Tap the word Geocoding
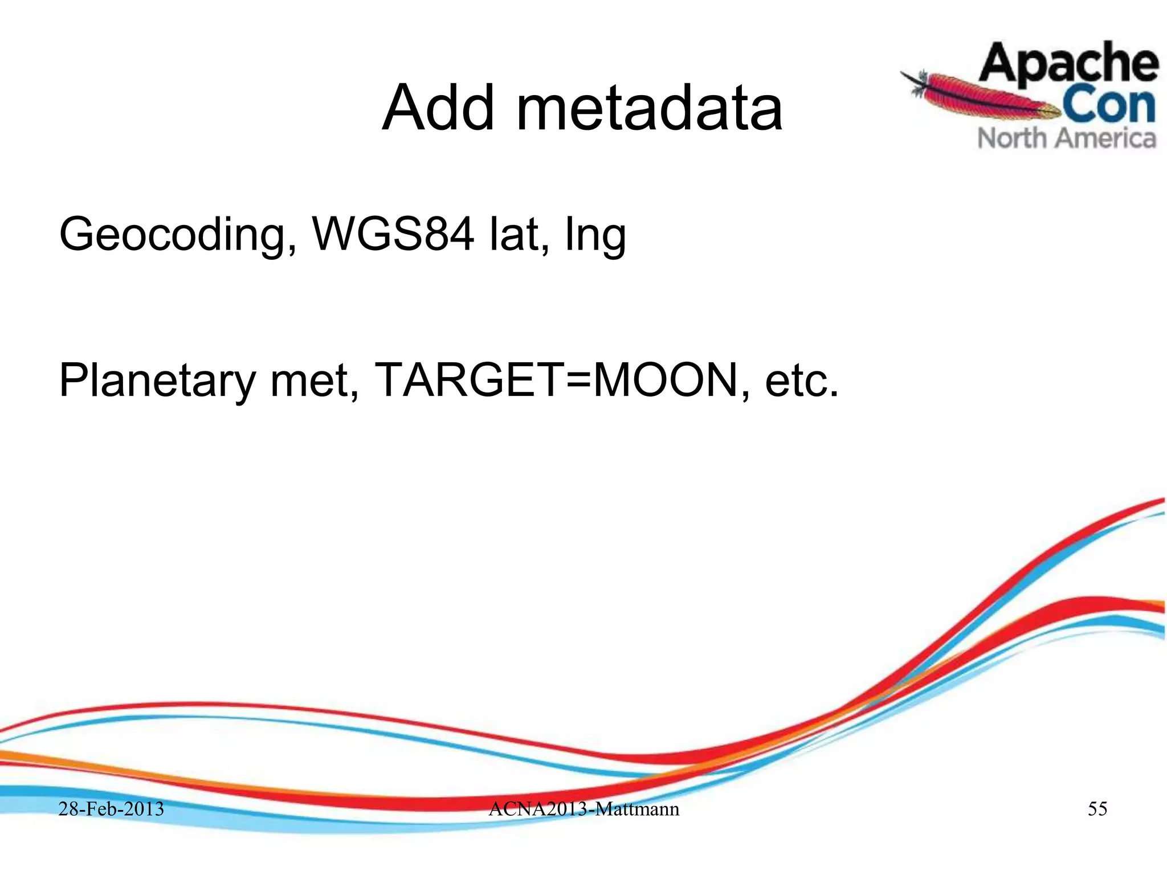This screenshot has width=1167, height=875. tap(171, 235)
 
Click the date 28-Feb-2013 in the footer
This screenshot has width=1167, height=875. tap(112, 809)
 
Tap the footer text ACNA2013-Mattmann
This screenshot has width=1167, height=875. tap(583, 809)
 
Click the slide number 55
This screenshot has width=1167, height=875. tap(1097, 809)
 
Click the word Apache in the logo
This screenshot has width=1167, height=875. tap(1068, 64)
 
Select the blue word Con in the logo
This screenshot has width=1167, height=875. tap(1108, 105)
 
